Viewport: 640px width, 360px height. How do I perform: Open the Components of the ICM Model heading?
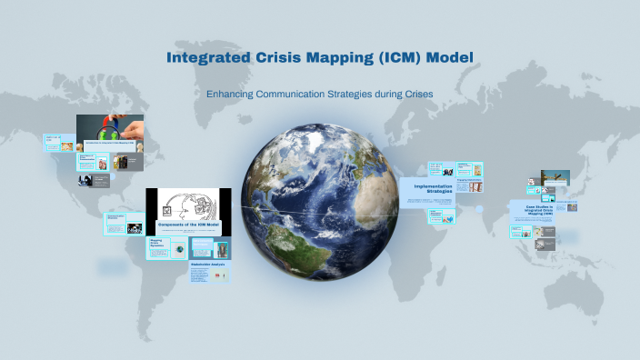tap(188, 225)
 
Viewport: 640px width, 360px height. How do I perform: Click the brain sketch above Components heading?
tap(187, 204)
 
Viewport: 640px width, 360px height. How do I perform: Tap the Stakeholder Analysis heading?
tap(207, 265)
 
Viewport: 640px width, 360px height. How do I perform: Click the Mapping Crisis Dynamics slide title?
tap(161, 245)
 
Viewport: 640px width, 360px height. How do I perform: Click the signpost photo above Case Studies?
tap(555, 178)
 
